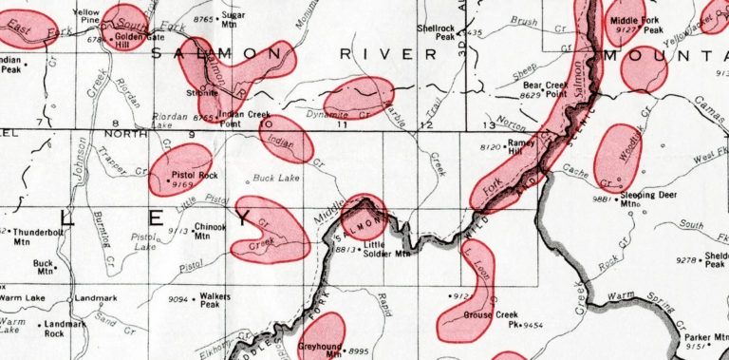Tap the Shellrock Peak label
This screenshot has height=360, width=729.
(x=438, y=33)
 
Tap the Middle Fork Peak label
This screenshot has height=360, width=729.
(x=637, y=25)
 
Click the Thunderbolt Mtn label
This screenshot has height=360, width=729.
(x=37, y=237)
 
